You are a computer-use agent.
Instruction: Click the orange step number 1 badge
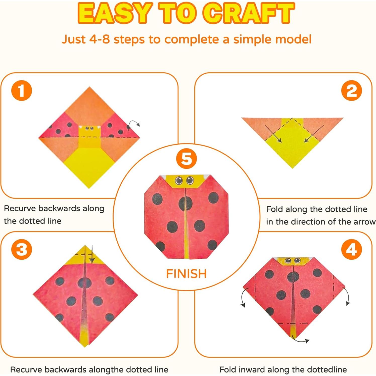click(x=22, y=90)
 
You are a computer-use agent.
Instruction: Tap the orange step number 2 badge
click(x=351, y=90)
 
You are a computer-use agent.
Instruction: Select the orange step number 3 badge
click(x=22, y=249)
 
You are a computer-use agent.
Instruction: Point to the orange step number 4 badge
click(x=351, y=249)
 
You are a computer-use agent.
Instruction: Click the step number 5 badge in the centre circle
click(x=186, y=159)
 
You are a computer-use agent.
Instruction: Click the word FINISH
click(x=186, y=274)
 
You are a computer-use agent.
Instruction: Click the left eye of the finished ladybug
click(x=179, y=180)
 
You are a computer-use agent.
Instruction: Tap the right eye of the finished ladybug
click(x=190, y=180)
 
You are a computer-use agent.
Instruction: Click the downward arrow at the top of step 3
click(x=92, y=254)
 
